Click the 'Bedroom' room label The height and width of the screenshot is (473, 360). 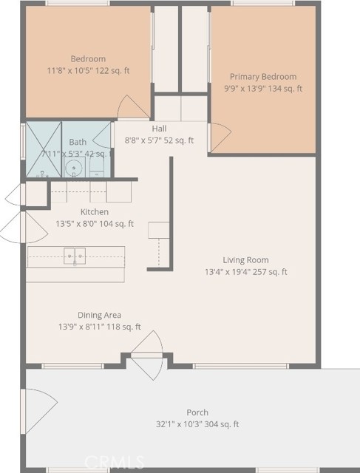88,59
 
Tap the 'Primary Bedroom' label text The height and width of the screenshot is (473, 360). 262,77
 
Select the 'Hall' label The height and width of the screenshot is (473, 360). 159,129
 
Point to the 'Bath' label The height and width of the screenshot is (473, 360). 78,142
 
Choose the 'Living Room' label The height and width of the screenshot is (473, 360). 245,260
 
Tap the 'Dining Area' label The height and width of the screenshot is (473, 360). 100,315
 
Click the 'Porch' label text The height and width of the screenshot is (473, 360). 197,412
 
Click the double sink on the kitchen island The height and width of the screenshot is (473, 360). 75,256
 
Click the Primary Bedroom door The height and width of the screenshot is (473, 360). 220,134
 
